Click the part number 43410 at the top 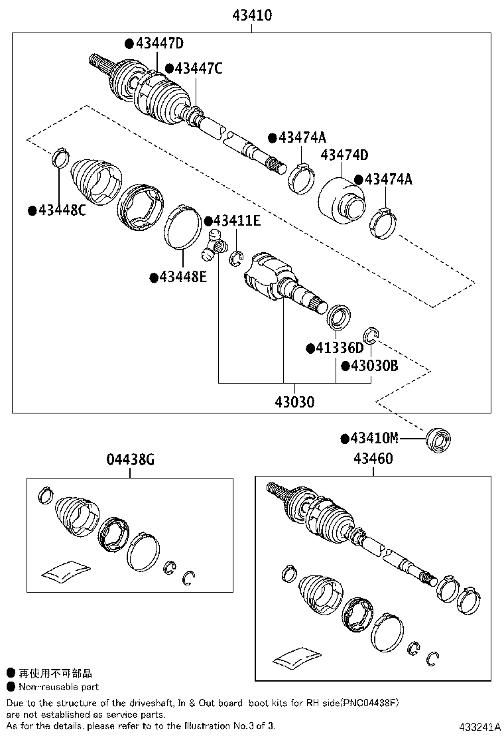(x=252, y=15)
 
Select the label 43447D (x=159, y=44)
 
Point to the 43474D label (x=344, y=155)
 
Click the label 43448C (x=62, y=210)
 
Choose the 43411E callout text (x=237, y=221)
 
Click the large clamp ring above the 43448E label (x=182, y=228)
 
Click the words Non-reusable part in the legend (x=58, y=687)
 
